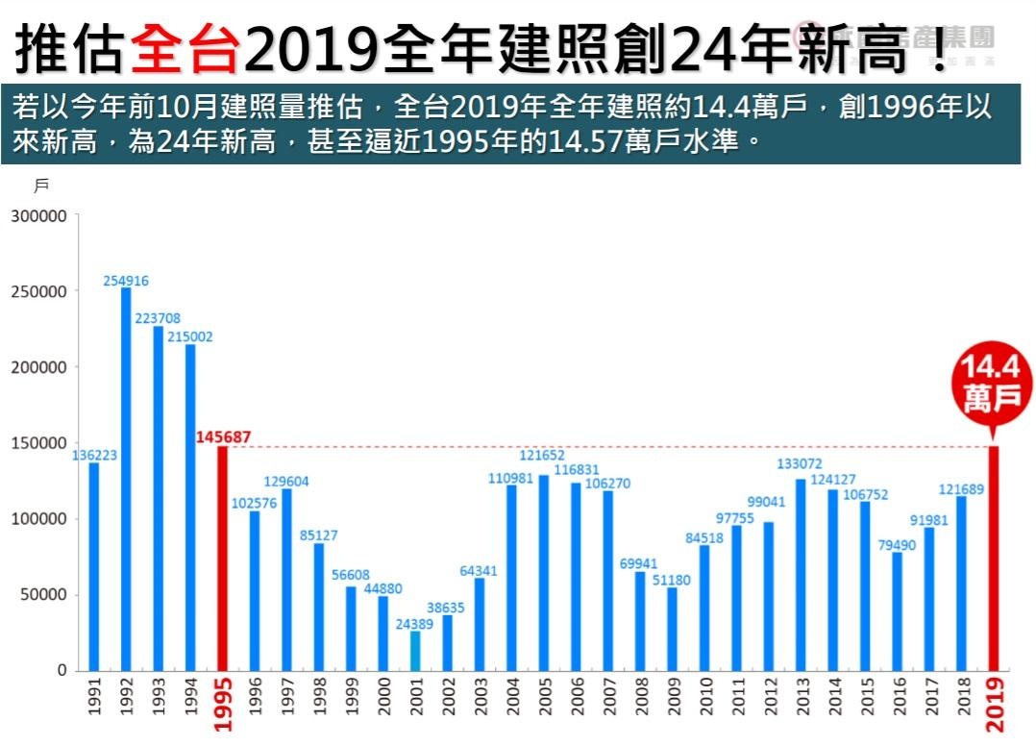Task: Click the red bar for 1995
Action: [x=222, y=558]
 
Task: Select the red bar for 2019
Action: [x=994, y=558]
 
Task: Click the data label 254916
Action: [x=126, y=281]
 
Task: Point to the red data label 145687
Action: [x=223, y=436]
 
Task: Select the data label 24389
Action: [x=415, y=623]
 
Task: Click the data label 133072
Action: [x=800, y=463]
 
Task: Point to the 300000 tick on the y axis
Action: [x=38, y=216]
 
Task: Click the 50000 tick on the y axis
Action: [x=42, y=594]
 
